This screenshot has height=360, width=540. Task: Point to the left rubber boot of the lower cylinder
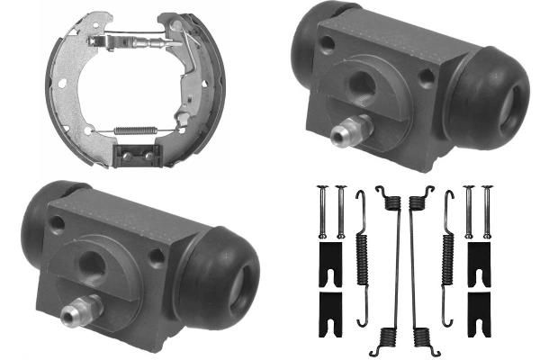(x=41, y=212)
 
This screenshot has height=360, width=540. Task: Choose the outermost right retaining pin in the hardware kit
(x=487, y=211)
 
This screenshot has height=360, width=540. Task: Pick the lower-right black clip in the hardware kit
(x=478, y=307)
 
